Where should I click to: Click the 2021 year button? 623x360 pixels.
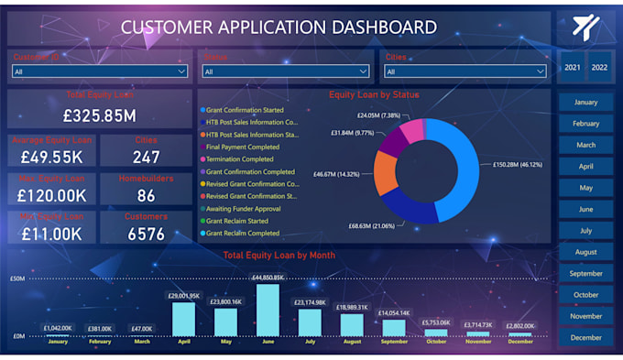point(573,68)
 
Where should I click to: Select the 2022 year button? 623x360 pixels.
point(600,68)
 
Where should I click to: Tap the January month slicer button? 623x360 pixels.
point(585,103)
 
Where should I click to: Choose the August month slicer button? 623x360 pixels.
point(585,252)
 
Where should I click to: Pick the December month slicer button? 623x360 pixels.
point(585,337)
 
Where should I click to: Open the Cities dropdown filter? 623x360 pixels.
point(465,71)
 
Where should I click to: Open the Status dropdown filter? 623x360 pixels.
point(284,71)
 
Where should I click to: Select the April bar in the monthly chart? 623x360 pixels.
point(184,319)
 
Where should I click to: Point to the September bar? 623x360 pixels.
point(394,328)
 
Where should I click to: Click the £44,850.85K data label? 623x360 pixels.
point(268,278)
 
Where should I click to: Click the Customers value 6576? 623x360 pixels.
point(147,234)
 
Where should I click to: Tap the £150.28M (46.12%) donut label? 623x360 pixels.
point(519,165)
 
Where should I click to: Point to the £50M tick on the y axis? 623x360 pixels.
point(16,278)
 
